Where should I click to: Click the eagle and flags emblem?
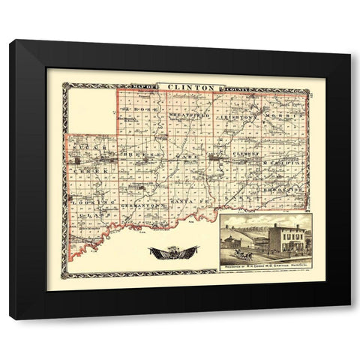173,252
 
